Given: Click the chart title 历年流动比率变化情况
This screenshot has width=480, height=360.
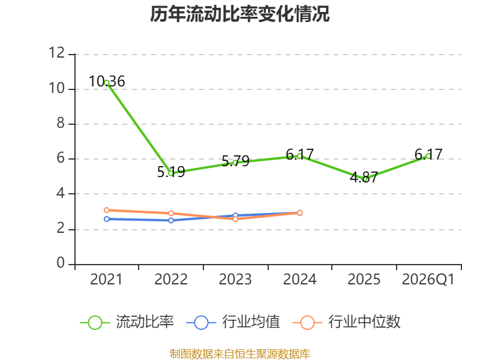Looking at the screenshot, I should pyautogui.click(x=240, y=14).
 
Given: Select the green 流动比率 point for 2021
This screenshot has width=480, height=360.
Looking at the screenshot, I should pyautogui.click(x=107, y=83).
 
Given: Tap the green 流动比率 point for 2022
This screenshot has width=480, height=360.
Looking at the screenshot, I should pyautogui.click(x=171, y=173).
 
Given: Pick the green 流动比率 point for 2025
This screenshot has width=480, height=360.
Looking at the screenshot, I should pyautogui.click(x=364, y=179).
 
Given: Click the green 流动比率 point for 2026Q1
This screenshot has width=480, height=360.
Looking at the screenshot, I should pyautogui.click(x=428, y=156).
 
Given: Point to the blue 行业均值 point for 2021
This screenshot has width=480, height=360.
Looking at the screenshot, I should pyautogui.click(x=107, y=219).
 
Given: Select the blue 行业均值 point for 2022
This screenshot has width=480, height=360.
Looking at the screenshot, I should pyautogui.click(x=171, y=220).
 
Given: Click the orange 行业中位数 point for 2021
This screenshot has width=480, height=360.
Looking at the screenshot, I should pyautogui.click(x=107, y=210).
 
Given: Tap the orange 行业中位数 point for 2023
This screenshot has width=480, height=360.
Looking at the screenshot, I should pyautogui.click(x=235, y=219).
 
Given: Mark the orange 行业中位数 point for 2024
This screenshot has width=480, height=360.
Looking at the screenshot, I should pyautogui.click(x=300, y=212).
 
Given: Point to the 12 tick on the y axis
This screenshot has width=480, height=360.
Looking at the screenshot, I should pyautogui.click(x=57, y=54).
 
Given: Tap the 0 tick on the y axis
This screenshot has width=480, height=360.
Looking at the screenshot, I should pyautogui.click(x=61, y=264).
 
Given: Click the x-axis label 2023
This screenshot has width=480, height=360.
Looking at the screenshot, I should pyautogui.click(x=235, y=280).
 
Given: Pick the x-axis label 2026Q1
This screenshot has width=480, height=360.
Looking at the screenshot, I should pyautogui.click(x=428, y=280).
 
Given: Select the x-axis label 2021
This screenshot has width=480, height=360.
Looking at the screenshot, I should pyautogui.click(x=107, y=280).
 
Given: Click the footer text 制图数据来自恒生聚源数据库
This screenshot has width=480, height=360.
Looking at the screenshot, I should pyautogui.click(x=240, y=353).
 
